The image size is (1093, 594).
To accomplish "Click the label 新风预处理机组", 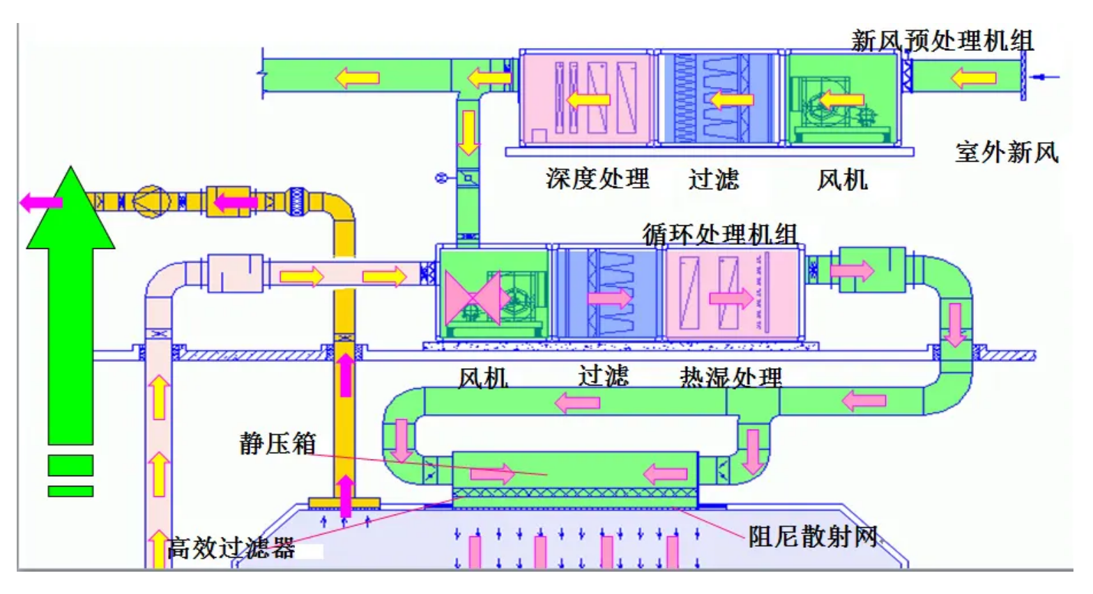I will tap(942, 40).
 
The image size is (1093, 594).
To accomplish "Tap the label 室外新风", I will tap(1007, 152).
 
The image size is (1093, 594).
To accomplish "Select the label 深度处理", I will tap(597, 178).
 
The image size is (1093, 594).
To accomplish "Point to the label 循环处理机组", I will tap(719, 234).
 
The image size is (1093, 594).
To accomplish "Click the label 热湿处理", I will tap(731, 377).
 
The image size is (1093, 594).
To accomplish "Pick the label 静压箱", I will tap(277, 443).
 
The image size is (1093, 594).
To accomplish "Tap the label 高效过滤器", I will tap(231, 548).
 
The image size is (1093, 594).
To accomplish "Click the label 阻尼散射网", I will tap(813, 536).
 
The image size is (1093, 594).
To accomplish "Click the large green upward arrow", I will tap(70, 307).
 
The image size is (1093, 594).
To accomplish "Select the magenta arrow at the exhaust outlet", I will tap(40, 203).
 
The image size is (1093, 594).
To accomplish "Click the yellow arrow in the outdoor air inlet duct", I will tap(974, 77).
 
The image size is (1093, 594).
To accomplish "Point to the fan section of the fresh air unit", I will tap(842, 98).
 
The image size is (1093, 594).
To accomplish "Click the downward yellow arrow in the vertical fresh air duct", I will tap(468, 132).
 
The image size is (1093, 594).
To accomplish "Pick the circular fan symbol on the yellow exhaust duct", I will tap(152, 202).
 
